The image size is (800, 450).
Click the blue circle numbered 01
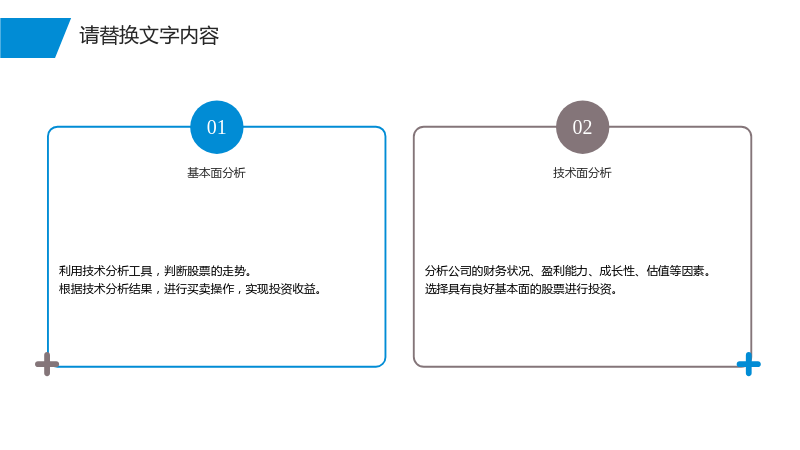216,127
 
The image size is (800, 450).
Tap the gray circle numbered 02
582,127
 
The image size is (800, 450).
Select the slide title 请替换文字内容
149,36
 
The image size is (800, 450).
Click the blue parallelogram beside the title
35,38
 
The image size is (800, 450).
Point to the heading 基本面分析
216,173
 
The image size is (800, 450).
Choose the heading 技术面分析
582,173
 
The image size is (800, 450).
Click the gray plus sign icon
47,364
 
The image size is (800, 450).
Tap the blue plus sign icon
748,364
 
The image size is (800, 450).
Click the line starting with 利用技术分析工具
155,271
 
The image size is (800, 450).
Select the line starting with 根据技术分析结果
190,289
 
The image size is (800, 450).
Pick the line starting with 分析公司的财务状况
568,271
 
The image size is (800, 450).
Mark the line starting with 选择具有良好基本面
521,289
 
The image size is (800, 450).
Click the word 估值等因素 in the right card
676,271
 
